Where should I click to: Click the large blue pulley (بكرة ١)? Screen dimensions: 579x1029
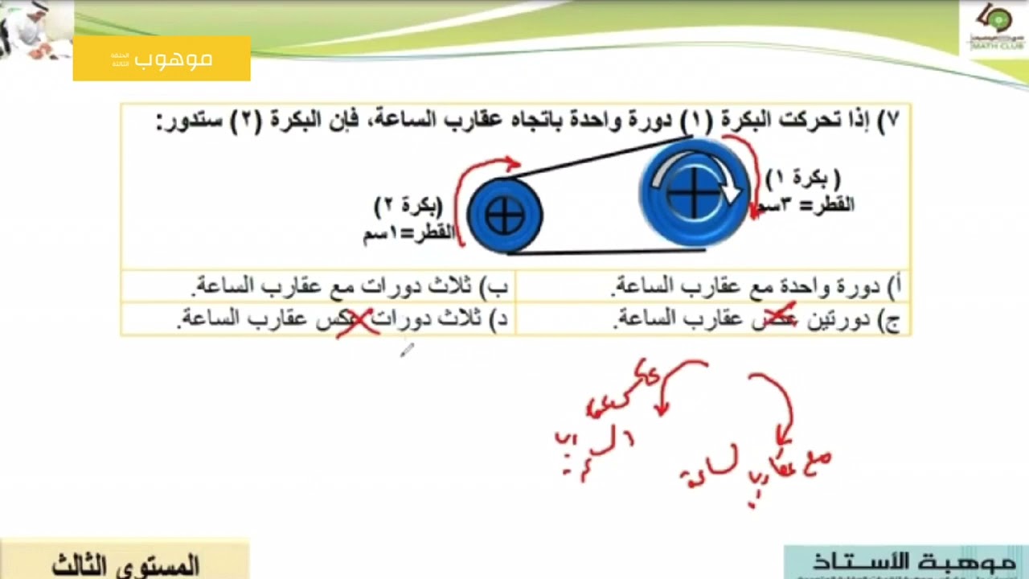tap(693, 193)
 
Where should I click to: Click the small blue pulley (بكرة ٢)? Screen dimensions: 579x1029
tap(505, 216)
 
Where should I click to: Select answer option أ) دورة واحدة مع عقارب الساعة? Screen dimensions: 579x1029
tap(756, 285)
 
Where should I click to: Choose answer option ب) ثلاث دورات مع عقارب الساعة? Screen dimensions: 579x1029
tap(351, 285)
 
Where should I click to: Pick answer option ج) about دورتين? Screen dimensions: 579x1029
tap(756, 320)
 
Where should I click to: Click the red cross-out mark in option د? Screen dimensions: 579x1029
tap(357, 322)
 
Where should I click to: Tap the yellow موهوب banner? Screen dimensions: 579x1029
tap(162, 59)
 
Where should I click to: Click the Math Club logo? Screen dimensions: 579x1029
tap(994, 28)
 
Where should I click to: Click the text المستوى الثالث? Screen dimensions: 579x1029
tap(125, 565)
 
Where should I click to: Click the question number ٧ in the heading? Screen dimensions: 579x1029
tap(891, 121)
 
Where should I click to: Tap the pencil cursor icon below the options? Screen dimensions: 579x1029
tap(406, 349)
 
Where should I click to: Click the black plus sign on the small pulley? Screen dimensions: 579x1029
tap(505, 216)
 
